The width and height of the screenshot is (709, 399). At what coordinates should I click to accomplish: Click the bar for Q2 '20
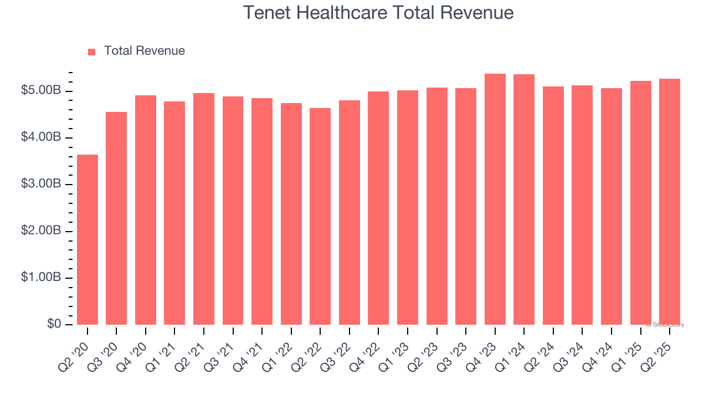(x=88, y=239)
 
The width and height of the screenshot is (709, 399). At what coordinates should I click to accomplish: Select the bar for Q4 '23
(x=495, y=199)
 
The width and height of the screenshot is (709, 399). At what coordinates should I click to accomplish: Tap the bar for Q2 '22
(x=320, y=216)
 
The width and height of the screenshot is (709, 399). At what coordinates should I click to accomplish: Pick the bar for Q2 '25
(x=669, y=202)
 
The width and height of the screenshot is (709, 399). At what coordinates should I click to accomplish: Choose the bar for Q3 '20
(x=116, y=218)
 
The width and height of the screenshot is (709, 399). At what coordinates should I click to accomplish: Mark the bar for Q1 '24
(x=524, y=199)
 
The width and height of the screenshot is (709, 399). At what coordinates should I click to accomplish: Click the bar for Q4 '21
(x=262, y=211)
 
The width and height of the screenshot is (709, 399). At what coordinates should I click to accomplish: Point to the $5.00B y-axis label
(x=41, y=90)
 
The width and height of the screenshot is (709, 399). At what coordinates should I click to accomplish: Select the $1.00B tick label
(x=41, y=277)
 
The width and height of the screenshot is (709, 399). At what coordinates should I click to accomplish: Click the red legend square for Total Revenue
(x=92, y=52)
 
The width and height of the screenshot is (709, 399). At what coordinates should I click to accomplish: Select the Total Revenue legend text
(x=144, y=51)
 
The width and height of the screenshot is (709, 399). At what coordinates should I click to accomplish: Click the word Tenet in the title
(x=264, y=12)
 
